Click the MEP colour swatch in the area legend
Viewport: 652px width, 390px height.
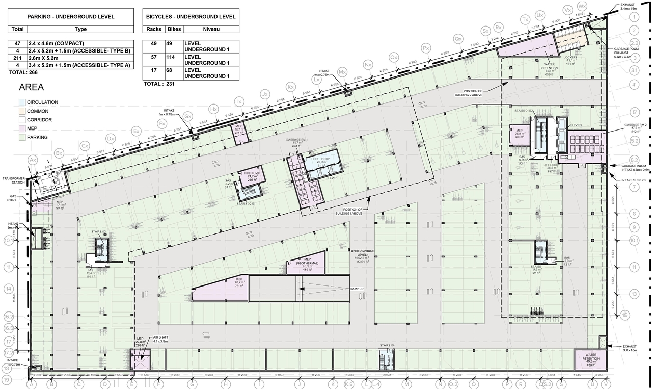22,128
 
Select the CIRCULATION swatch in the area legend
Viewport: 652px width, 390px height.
22,102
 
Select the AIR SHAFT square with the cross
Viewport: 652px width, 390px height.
139,360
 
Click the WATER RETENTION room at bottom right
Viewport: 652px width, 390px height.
590,359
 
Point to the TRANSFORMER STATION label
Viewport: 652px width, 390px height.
14,181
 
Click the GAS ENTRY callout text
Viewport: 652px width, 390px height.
14,198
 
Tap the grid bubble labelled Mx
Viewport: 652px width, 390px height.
342,71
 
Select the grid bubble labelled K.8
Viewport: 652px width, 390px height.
349,385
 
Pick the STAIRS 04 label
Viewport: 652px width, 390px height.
387,346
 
